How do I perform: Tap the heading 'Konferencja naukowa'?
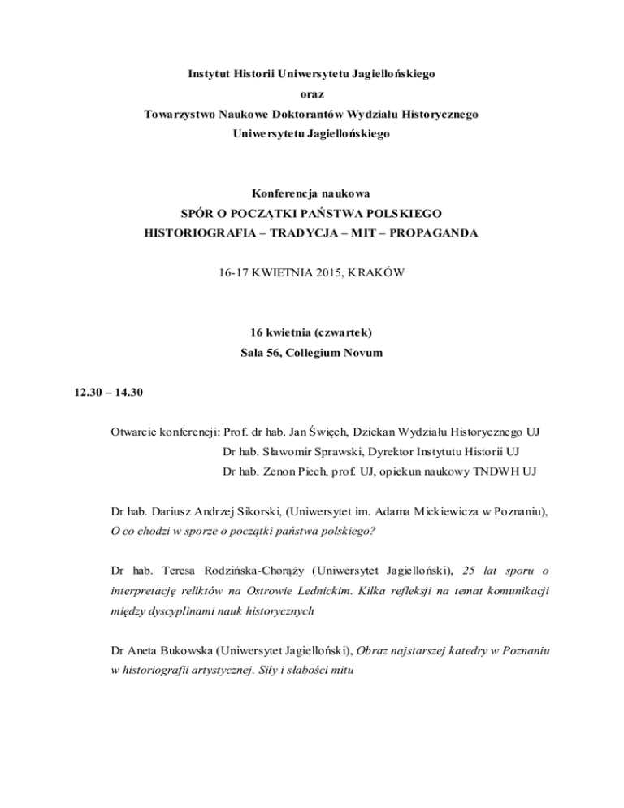coord(312,194)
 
